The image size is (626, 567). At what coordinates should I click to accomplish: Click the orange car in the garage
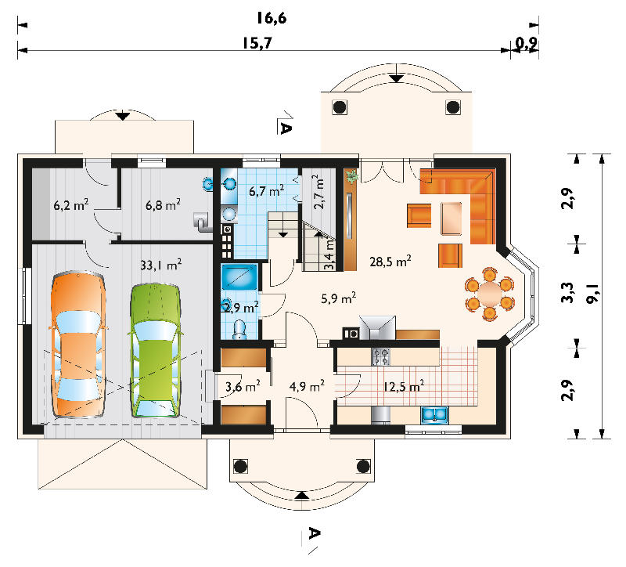click(x=79, y=345)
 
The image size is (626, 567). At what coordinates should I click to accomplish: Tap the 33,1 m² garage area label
click(x=161, y=265)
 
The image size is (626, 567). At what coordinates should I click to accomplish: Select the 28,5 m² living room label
click(x=390, y=262)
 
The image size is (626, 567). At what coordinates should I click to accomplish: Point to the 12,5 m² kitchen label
click(x=404, y=386)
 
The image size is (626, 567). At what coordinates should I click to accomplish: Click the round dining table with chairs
click(x=490, y=294)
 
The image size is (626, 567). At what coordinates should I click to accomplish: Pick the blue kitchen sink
click(x=434, y=415)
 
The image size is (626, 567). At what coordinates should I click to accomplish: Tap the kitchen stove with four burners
click(x=380, y=357)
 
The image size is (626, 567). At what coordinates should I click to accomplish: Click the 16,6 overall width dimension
click(x=272, y=18)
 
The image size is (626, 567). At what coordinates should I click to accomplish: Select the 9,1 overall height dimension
click(x=593, y=294)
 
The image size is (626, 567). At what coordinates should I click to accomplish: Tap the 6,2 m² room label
click(x=71, y=205)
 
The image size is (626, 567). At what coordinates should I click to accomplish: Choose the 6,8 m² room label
click(x=163, y=205)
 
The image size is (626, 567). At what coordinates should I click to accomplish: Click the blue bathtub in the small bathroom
click(x=239, y=276)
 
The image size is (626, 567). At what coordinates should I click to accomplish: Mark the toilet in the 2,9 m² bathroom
click(x=239, y=330)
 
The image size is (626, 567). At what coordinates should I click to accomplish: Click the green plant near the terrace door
click(x=351, y=175)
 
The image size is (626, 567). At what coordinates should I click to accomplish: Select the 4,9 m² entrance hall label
click(x=307, y=386)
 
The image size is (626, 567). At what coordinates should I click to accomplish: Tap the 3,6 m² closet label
click(x=243, y=386)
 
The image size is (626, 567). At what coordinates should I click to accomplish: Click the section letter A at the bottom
click(x=314, y=533)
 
